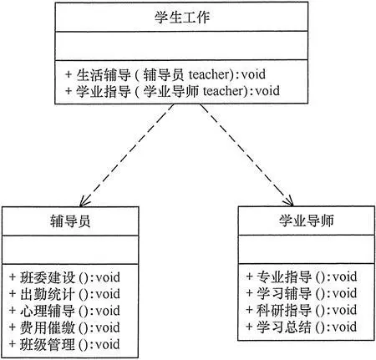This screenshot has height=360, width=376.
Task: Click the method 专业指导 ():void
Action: click(x=302, y=276)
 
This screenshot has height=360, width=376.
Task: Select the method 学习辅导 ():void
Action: click(x=302, y=293)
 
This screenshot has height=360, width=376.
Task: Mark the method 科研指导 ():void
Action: click(x=302, y=310)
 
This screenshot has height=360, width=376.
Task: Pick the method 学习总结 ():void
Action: click(x=302, y=327)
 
